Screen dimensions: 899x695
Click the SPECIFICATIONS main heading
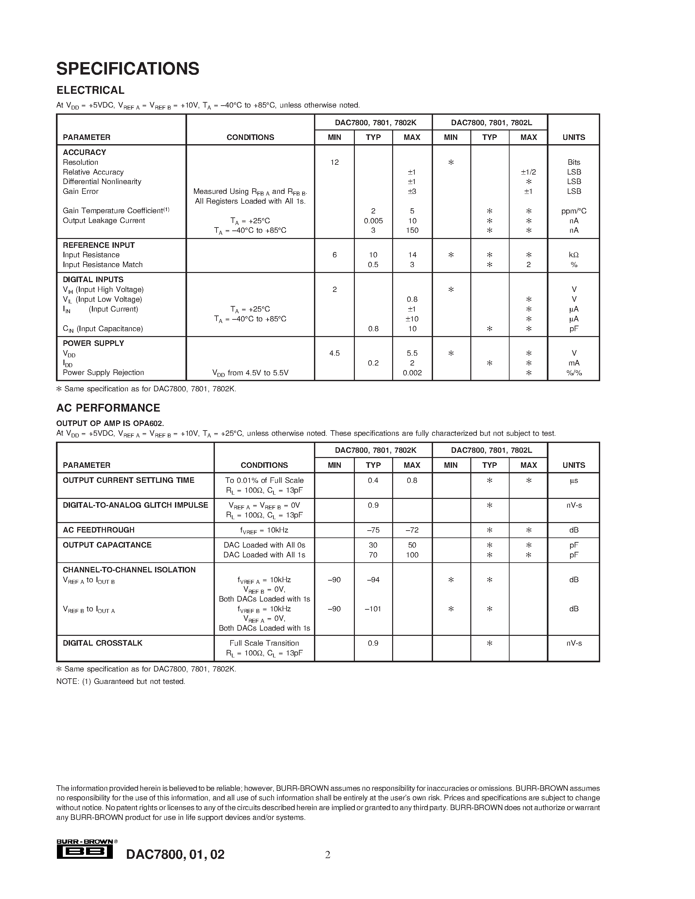tap(128, 69)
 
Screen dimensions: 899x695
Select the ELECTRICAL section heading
tap(90, 90)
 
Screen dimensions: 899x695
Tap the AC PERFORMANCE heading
tap(108, 408)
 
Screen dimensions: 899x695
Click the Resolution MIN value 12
tap(334, 162)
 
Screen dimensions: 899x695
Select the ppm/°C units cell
tap(574, 211)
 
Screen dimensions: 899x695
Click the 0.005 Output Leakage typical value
tap(373, 221)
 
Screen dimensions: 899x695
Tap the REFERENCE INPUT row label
tap(98, 245)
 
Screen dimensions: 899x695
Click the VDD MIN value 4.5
tap(334, 353)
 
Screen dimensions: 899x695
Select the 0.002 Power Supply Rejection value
tap(412, 373)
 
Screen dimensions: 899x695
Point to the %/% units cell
tap(574, 373)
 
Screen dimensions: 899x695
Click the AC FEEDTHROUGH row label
tap(98, 530)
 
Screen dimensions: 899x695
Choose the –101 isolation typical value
tap(373, 609)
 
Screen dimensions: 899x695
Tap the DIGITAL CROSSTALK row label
tap(102, 643)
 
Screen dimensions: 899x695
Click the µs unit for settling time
tap(574, 480)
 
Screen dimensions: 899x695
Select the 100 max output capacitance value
tap(412, 555)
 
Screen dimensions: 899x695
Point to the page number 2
tap(328, 855)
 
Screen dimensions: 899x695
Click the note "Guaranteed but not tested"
tap(121, 682)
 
